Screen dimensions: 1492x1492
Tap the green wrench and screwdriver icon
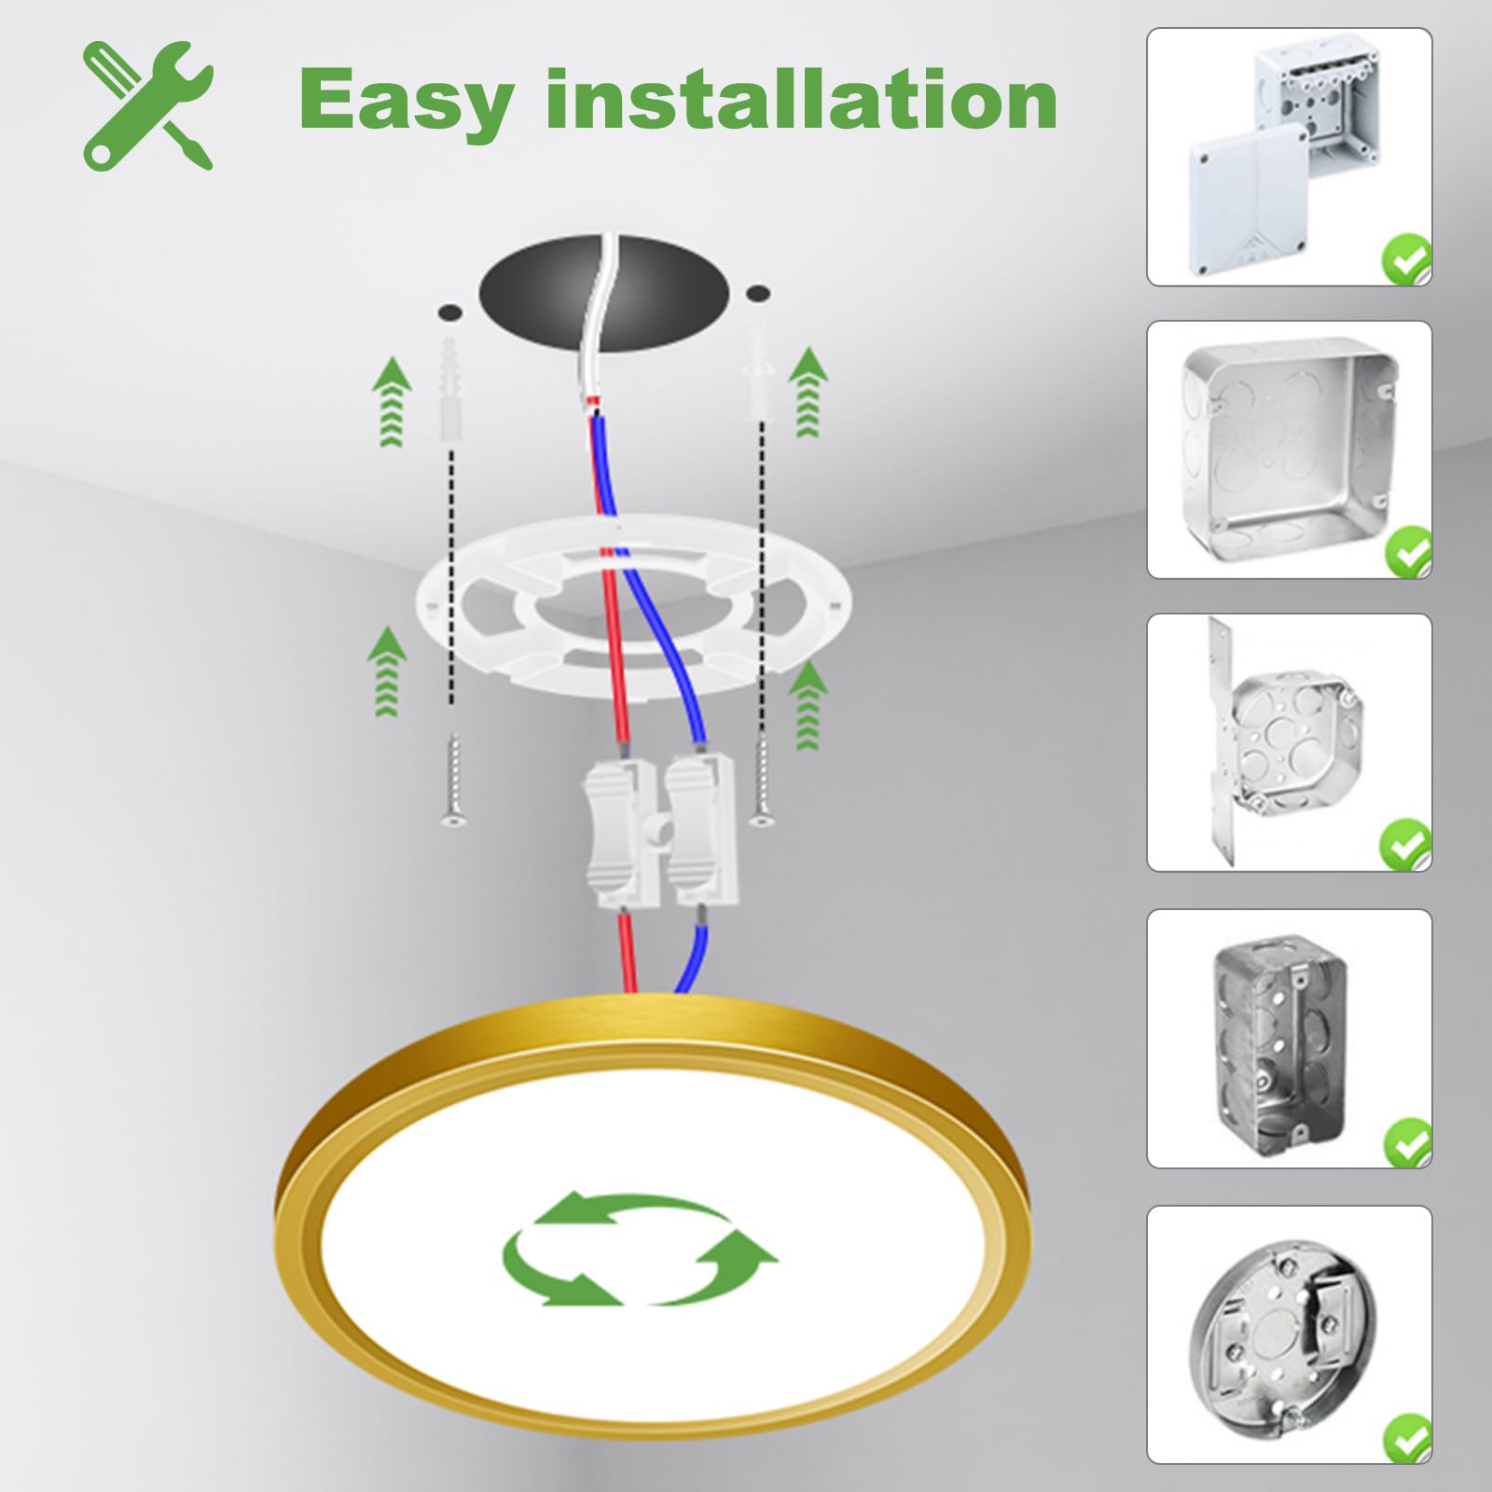[x=148, y=105]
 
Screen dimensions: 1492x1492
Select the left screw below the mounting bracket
[x=451, y=780]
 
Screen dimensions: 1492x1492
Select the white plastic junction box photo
[x=1289, y=157]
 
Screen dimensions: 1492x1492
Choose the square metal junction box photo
[x=1289, y=449]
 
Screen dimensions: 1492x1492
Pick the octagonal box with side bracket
[x=1289, y=742]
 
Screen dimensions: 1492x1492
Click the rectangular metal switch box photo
[x=1289, y=1039]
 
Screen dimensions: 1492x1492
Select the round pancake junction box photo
[x=1289, y=1335]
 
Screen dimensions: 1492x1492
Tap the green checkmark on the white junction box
[x=1406, y=260]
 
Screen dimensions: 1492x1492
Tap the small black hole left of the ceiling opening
[x=450, y=309]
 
